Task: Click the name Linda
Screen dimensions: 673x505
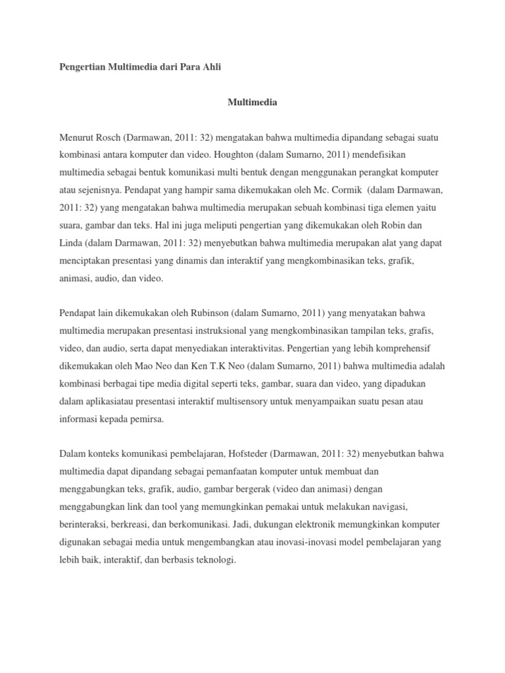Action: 70,243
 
